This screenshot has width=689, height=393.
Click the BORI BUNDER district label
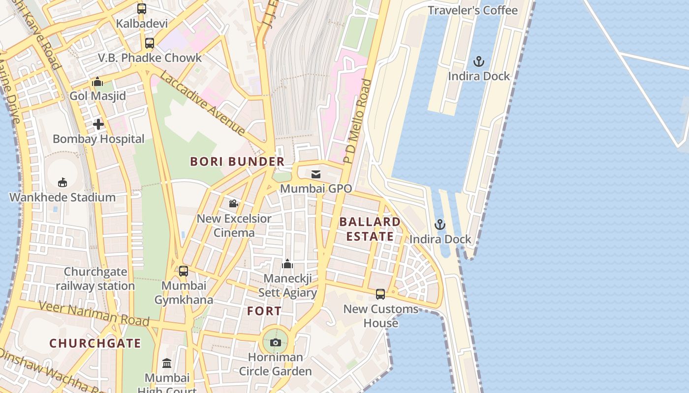point(237,162)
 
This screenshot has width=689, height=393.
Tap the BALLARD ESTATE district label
point(370,229)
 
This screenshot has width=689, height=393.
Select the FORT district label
point(264,311)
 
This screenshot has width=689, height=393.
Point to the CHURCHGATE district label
point(95,343)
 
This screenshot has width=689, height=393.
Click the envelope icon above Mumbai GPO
point(316,174)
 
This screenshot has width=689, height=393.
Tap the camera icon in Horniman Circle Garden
point(276,343)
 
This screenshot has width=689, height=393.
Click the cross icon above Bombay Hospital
point(98,124)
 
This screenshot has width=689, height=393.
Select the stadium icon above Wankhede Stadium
point(63,183)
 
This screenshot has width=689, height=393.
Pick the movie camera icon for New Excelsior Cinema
point(234,203)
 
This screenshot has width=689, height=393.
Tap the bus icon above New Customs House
point(380,294)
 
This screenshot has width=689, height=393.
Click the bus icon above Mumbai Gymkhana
point(184,271)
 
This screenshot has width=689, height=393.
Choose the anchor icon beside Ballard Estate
point(440,225)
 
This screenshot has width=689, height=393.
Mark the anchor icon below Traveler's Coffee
point(479,62)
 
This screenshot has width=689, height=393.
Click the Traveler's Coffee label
point(472,10)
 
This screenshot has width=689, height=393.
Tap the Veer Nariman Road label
point(94,314)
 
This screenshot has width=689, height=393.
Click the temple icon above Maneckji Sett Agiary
point(287,264)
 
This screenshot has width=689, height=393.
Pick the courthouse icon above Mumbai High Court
point(167,364)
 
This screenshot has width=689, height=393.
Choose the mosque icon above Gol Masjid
point(97,82)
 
